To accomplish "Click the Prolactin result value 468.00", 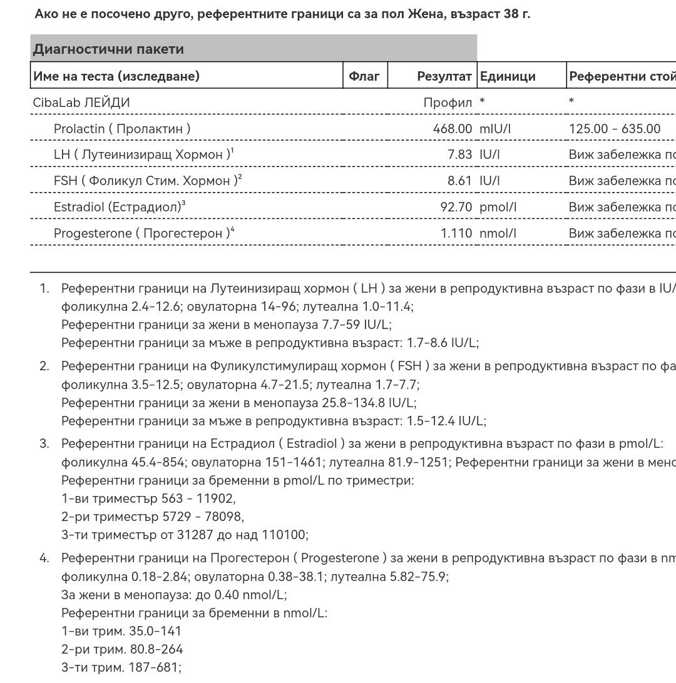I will pyautogui.click(x=452, y=129).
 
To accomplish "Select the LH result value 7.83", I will pyautogui.click(x=459, y=154).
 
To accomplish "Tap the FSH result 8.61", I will pyautogui.click(x=459, y=181).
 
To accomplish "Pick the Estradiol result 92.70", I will pyautogui.click(x=456, y=207).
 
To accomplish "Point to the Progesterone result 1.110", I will pyautogui.click(x=456, y=233).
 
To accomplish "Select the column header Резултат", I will pyautogui.click(x=444, y=76).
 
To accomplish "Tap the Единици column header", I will pyautogui.click(x=508, y=76).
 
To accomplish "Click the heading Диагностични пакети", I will pyautogui.click(x=108, y=49).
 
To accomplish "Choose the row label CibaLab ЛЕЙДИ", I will pyautogui.click(x=81, y=103).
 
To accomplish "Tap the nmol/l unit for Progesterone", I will pyautogui.click(x=498, y=233).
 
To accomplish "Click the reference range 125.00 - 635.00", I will pyautogui.click(x=615, y=129).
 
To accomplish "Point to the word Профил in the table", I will pyautogui.click(x=448, y=103).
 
